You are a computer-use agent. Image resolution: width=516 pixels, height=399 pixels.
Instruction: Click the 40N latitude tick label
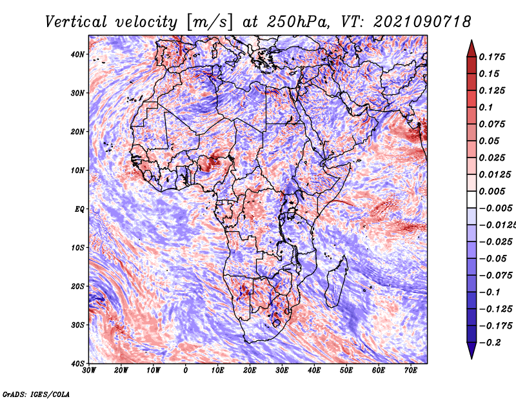77,54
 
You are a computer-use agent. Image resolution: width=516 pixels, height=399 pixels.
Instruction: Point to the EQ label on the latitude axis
79,209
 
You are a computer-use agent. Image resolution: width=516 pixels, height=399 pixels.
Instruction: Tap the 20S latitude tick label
77,286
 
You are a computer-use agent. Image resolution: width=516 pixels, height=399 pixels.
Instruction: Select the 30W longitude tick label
89,371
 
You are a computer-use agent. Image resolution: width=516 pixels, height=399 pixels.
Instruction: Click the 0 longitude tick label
186,371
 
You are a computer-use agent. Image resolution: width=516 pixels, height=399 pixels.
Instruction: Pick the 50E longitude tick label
346,371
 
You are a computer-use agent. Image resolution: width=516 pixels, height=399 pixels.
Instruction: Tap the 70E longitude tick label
411,371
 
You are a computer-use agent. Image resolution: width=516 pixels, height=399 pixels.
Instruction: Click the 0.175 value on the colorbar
491,57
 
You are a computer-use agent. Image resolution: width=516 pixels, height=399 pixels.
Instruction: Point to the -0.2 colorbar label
490,343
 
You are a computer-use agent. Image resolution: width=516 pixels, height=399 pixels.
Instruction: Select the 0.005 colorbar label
491,191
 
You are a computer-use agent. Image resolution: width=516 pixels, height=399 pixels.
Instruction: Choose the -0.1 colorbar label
490,292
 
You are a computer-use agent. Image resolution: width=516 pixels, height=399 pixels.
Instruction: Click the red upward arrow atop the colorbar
471,48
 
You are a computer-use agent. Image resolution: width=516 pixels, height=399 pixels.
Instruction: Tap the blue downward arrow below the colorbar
471,351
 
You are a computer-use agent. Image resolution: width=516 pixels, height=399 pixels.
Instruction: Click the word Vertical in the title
76,22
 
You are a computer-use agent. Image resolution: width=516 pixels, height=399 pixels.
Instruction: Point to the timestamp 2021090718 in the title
422,22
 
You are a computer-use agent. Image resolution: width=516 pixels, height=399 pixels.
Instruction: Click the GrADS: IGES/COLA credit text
36,394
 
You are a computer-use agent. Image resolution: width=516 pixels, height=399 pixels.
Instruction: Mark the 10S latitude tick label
77,248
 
